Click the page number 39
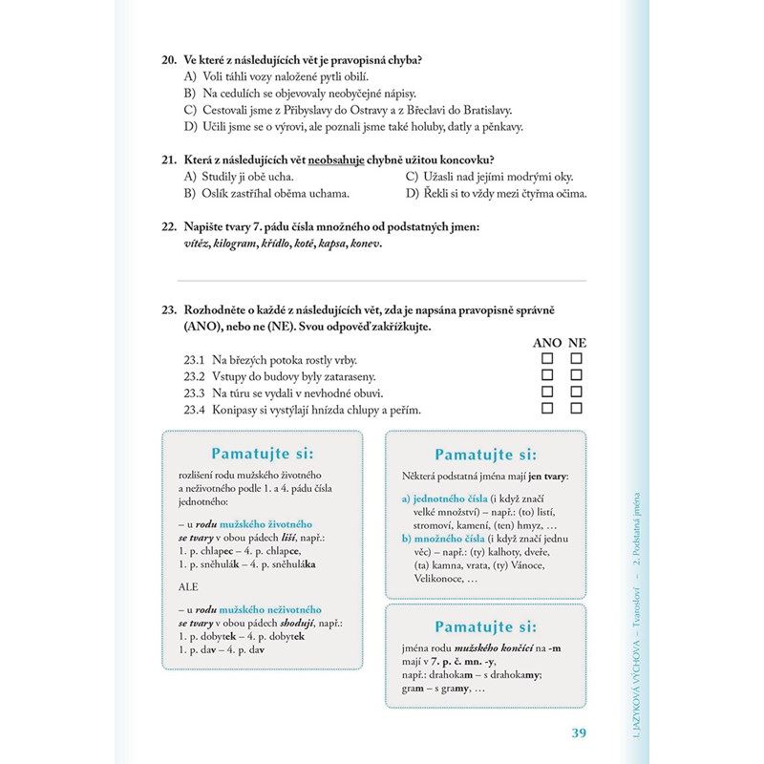click(577, 732)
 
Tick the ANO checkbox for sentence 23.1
click(547, 359)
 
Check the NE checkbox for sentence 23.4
click(576, 409)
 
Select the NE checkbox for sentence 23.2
click(576, 375)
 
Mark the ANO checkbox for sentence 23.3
click(547, 393)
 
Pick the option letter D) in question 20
click(190, 126)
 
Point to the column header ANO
click(546, 342)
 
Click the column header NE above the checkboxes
click(577, 342)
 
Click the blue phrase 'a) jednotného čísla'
click(443, 499)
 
